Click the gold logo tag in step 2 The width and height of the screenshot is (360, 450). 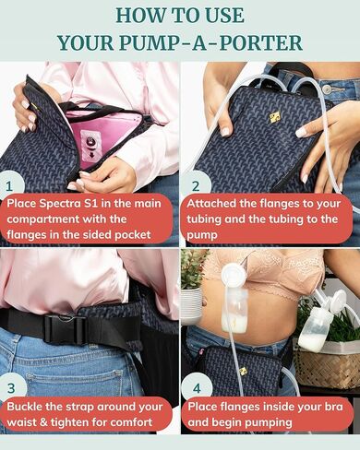click(250, 118)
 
